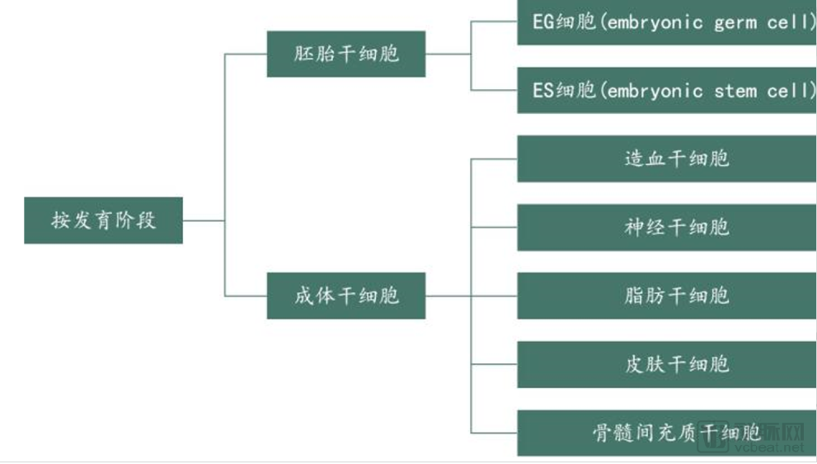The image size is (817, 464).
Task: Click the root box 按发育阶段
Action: (103, 220)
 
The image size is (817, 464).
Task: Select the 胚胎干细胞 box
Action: (346, 54)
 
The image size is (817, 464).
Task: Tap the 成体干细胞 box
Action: (346, 296)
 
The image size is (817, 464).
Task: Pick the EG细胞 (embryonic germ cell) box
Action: (667, 22)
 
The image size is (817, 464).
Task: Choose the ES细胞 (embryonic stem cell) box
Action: (667, 90)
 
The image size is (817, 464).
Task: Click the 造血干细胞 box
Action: (667, 159)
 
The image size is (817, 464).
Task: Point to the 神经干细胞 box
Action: (667, 227)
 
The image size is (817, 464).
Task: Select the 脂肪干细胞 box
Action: (667, 296)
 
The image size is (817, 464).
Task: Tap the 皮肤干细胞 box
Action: (667, 364)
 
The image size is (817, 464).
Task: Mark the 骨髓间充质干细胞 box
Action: (667, 433)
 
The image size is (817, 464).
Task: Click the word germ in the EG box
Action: (735, 23)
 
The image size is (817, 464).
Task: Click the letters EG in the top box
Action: (543, 22)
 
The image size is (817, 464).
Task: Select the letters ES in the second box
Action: (543, 90)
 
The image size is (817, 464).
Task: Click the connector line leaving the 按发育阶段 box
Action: (204, 220)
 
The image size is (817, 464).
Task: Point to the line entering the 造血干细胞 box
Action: (494, 159)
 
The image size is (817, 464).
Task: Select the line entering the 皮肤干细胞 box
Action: (494, 364)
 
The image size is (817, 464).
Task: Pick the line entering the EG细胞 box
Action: (494, 22)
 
